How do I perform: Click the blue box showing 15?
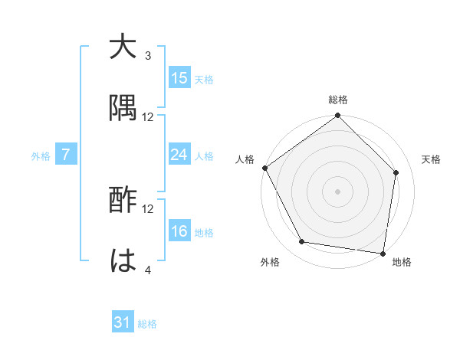click(x=179, y=78)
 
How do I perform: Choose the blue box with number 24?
click(x=179, y=155)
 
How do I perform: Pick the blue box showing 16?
click(x=179, y=231)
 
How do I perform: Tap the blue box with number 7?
click(x=66, y=155)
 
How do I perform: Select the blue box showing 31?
click(x=123, y=322)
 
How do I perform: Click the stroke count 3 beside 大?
click(x=148, y=56)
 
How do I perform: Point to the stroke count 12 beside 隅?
click(x=148, y=116)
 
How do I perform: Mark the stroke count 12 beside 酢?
click(x=148, y=208)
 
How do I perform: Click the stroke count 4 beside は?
click(x=148, y=269)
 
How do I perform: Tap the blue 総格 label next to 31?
click(x=147, y=324)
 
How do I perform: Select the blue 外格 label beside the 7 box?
click(x=41, y=155)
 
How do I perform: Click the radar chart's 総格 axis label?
click(x=338, y=100)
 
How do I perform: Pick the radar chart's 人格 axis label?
click(x=245, y=159)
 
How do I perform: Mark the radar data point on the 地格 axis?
click(x=383, y=253)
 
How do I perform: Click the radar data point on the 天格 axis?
click(x=396, y=172)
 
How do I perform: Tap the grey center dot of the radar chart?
click(x=338, y=191)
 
